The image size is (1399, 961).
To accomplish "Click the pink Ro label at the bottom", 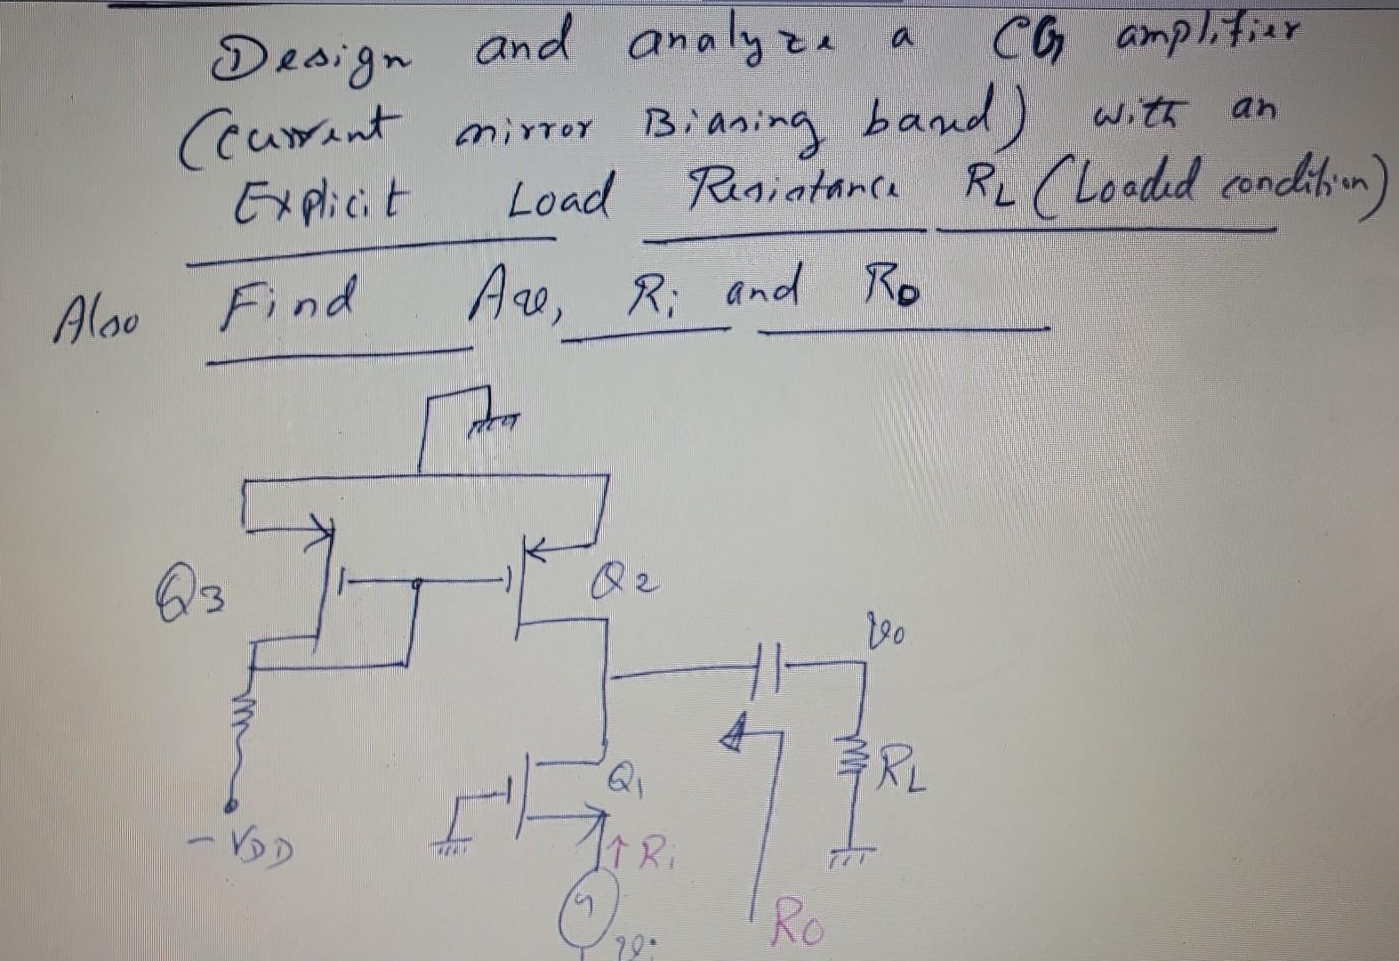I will coord(798,924).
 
